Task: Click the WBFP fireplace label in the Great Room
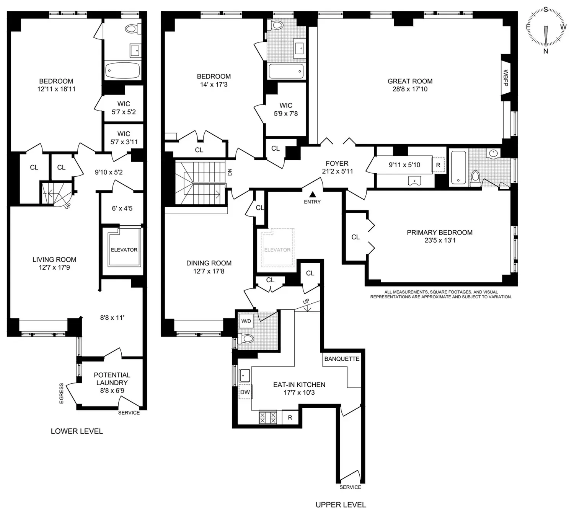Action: (x=506, y=78)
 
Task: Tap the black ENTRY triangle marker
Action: (x=313, y=194)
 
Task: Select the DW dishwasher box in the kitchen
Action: (x=245, y=392)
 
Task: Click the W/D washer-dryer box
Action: (x=246, y=321)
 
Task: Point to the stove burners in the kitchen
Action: (x=268, y=417)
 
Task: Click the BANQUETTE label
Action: (x=342, y=359)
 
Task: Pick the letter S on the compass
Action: (x=546, y=10)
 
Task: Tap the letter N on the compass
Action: (x=546, y=51)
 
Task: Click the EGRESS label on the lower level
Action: (x=61, y=393)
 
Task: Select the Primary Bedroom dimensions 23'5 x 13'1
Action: (x=440, y=240)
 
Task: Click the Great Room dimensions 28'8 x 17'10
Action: (x=410, y=89)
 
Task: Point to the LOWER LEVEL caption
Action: (x=77, y=431)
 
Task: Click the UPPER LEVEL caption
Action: (x=341, y=505)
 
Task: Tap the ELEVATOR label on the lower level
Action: (x=124, y=250)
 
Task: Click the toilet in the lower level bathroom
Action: (x=133, y=29)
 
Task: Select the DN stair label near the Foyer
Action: (x=230, y=172)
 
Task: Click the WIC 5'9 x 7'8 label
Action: (x=285, y=109)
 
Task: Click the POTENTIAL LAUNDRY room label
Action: (x=112, y=379)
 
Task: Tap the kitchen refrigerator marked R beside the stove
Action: (x=290, y=417)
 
